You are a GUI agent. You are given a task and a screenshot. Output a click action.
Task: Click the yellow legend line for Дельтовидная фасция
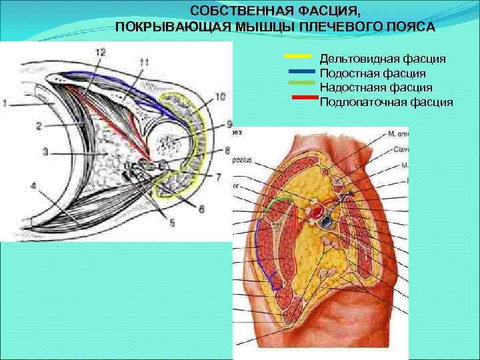coord(298,55)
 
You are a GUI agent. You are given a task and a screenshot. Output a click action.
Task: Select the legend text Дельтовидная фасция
coord(383,60)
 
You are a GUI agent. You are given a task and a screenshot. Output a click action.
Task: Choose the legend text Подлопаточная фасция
coord(387,102)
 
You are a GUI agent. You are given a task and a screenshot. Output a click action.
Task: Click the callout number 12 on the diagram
coord(100,52)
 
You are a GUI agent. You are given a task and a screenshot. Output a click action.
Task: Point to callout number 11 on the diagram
coord(144,62)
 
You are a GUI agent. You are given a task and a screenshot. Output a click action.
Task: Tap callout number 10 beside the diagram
coord(221,97)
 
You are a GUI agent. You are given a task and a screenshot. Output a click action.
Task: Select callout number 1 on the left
coord(5,103)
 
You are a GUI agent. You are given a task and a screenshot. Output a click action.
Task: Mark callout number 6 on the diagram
coord(201,209)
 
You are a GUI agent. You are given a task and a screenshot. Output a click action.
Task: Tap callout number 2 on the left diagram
coord(39,125)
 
